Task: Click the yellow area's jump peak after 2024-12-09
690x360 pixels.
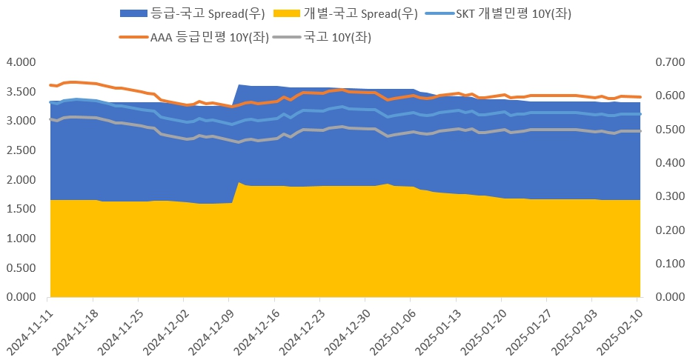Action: (x=239, y=182)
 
